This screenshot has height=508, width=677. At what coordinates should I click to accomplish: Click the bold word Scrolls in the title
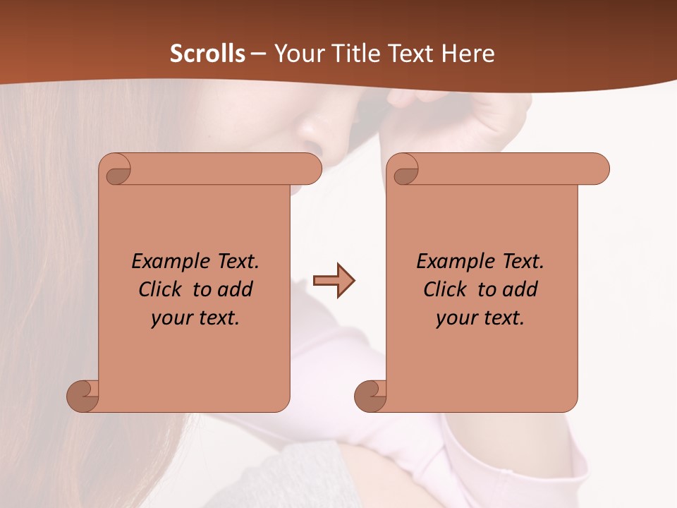(207, 54)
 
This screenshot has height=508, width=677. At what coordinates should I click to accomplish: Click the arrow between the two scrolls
(334, 282)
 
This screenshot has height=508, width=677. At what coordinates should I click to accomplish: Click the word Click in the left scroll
(160, 289)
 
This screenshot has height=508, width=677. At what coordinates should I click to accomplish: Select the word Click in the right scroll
(445, 289)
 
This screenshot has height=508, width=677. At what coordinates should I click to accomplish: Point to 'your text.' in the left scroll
(195, 318)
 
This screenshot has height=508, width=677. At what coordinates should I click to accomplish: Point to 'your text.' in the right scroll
(480, 318)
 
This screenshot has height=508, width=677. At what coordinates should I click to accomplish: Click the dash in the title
(258, 54)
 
